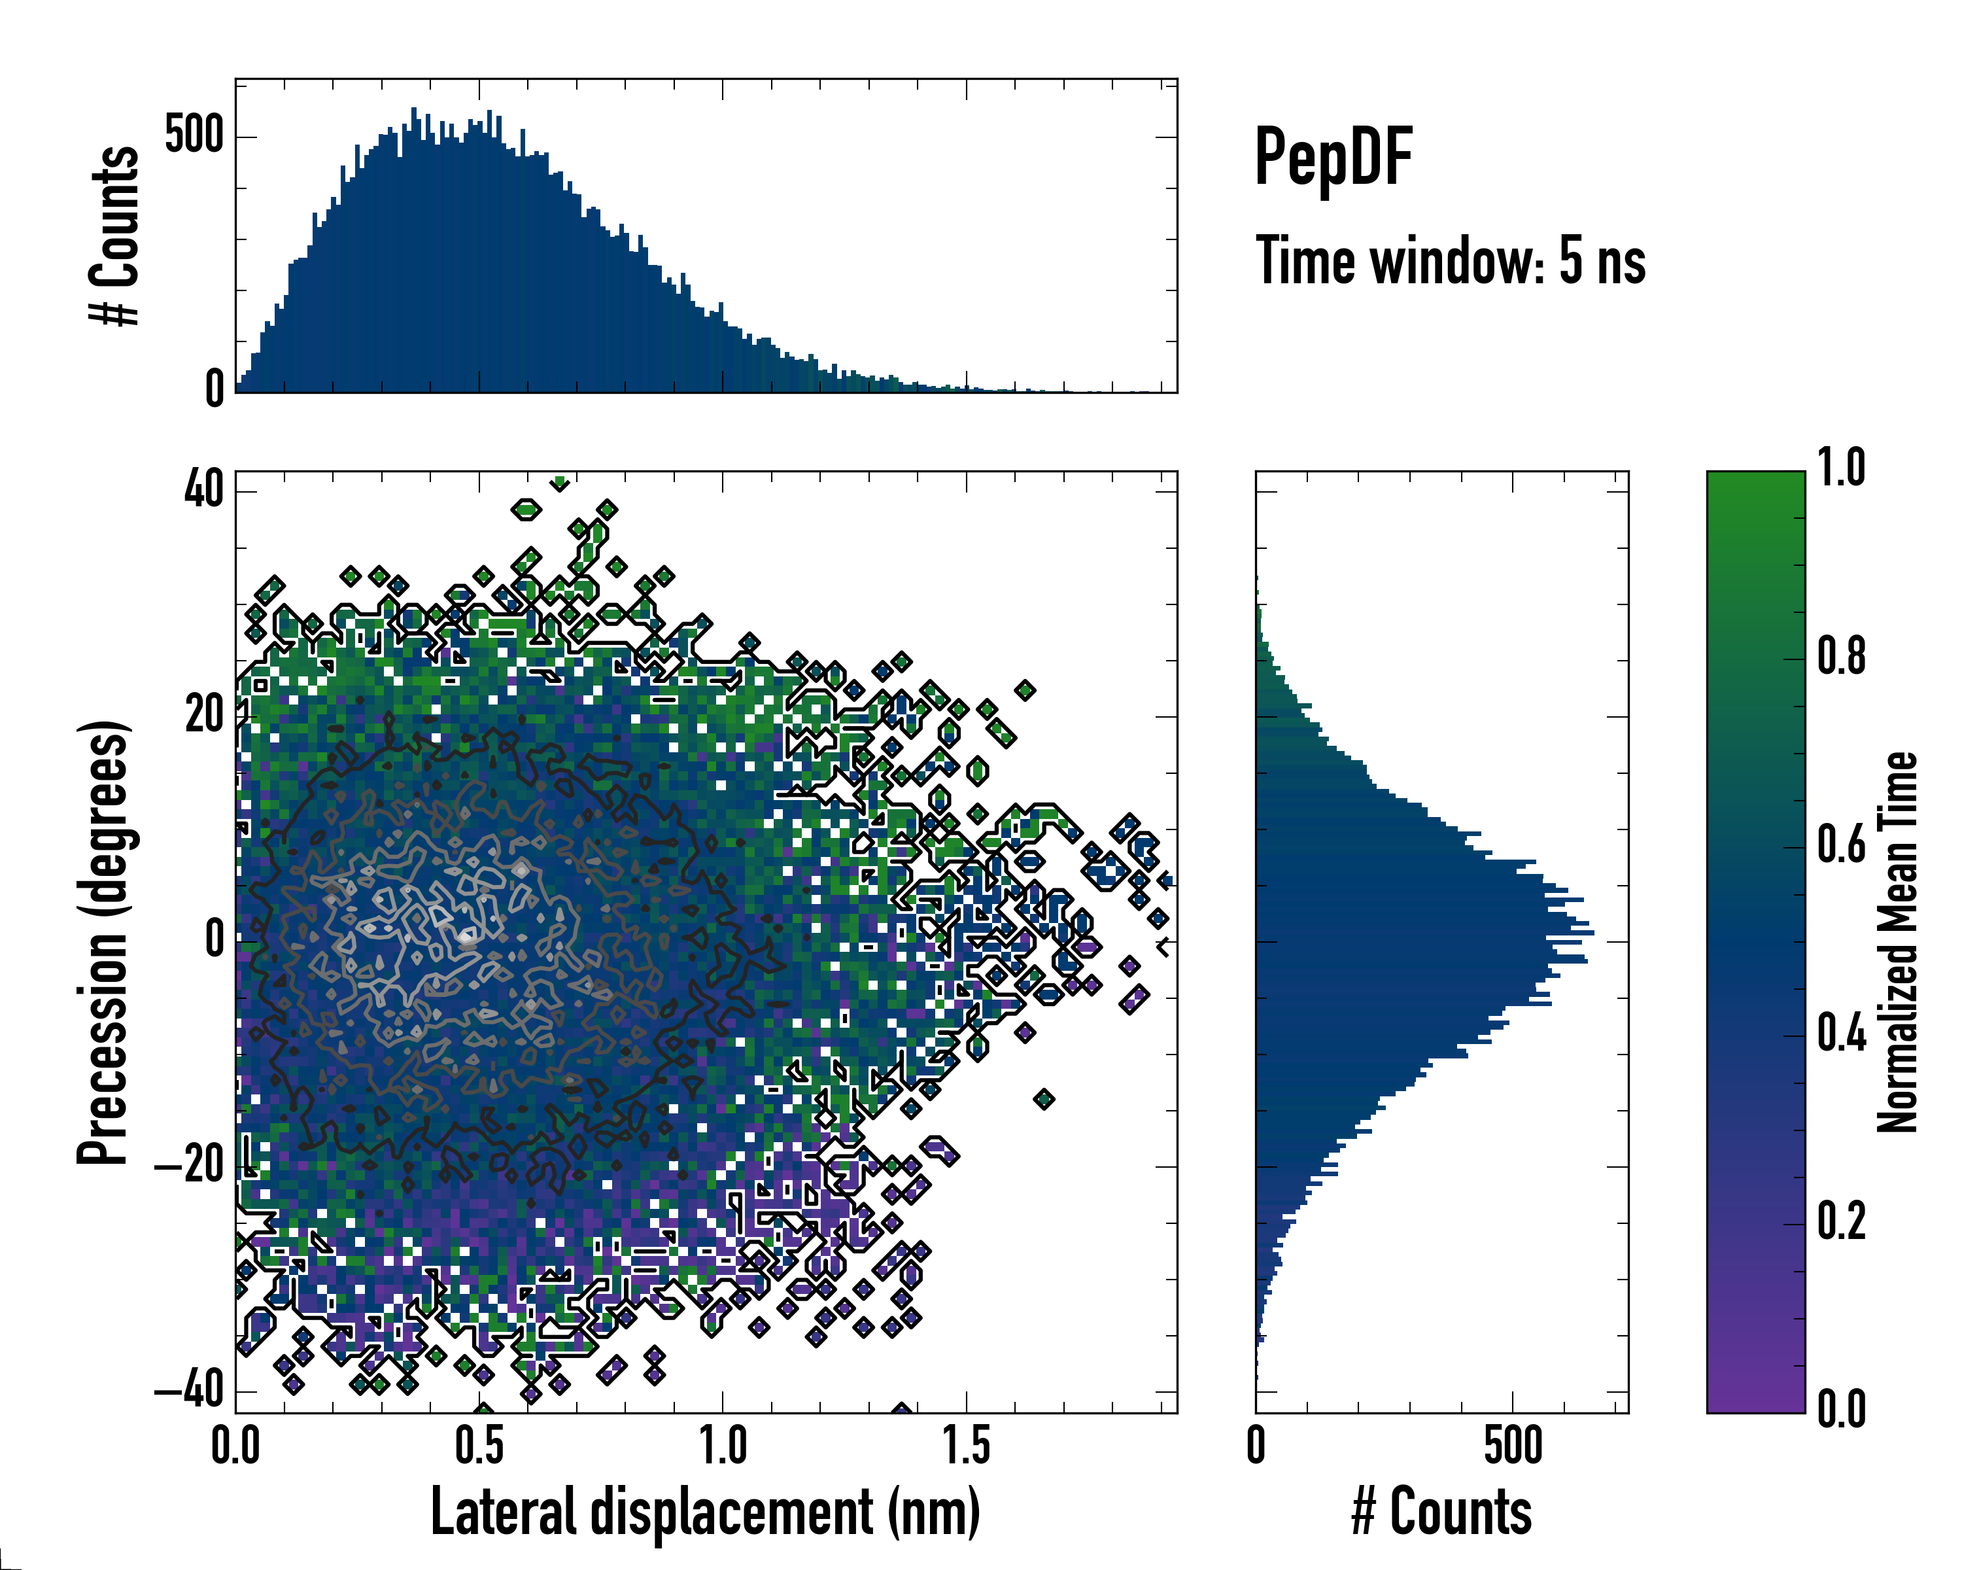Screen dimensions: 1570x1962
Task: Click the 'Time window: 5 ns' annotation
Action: [x=1451, y=261]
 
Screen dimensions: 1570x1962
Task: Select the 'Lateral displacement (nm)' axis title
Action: [x=705, y=1512]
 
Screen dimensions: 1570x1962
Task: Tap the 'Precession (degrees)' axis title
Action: [x=103, y=943]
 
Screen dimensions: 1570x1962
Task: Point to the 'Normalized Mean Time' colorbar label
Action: [x=1897, y=942]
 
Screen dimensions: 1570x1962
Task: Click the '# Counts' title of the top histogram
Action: [x=114, y=235]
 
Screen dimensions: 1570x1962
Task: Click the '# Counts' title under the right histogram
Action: [x=1441, y=1512]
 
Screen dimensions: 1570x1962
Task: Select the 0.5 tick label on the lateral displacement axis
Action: [x=479, y=1445]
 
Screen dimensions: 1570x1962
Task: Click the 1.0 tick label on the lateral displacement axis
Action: [x=723, y=1445]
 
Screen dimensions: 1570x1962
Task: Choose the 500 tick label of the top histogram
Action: [x=194, y=137]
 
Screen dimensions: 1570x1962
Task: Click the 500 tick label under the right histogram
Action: [x=1513, y=1445]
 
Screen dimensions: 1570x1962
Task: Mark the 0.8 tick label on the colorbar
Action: [x=1842, y=657]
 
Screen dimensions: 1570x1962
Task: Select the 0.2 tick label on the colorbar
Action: [x=1842, y=1221]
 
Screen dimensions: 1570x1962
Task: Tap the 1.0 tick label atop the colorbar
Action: [x=1842, y=469]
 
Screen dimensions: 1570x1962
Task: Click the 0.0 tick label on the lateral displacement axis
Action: [x=235, y=1445]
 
